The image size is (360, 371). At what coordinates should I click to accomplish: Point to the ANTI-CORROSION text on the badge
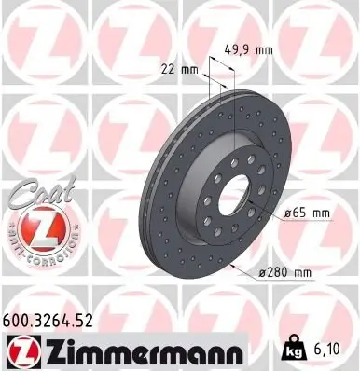pos(34,253)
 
